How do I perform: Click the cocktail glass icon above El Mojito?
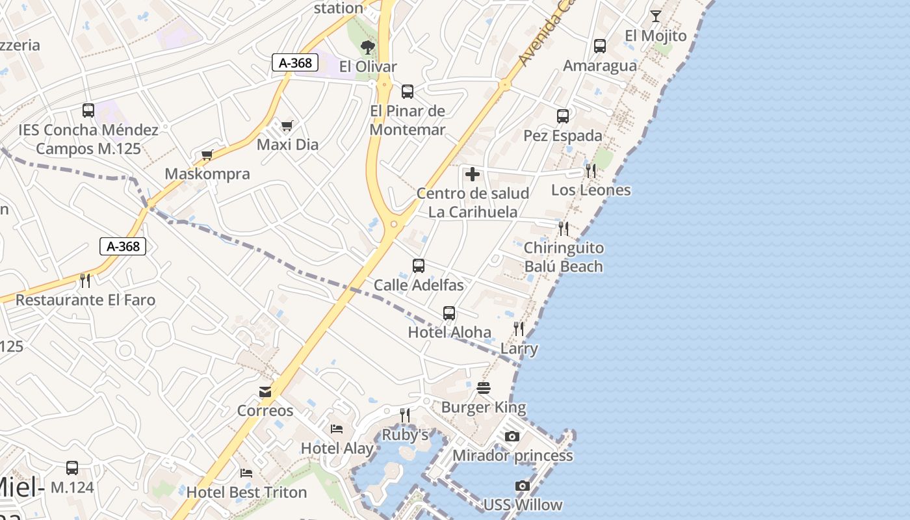[655, 16]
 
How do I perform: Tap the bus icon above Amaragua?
[600, 46]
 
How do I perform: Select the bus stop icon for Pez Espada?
[563, 116]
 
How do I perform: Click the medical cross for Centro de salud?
[473, 174]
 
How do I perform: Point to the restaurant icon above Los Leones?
[591, 170]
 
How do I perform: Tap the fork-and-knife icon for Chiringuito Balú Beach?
[564, 228]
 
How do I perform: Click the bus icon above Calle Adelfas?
[419, 266]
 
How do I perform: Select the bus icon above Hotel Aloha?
[449, 313]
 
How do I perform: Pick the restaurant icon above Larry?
[519, 329]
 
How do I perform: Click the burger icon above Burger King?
[484, 389]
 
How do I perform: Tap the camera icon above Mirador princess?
[512, 436]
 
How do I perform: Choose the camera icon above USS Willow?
[522, 486]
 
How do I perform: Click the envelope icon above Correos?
[265, 391]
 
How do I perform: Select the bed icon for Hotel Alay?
[337, 428]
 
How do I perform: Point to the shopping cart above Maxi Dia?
[287, 125]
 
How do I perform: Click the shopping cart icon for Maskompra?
[207, 155]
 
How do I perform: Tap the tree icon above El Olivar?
[368, 47]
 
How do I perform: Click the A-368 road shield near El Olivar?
[295, 62]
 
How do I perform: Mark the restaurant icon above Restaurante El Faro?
[85, 280]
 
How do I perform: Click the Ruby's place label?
[405, 435]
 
